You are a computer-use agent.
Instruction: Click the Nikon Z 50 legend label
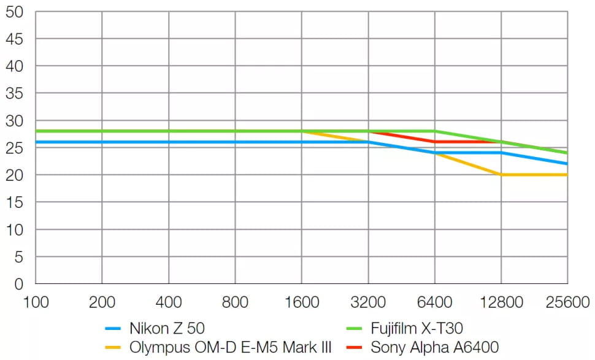click(x=167, y=328)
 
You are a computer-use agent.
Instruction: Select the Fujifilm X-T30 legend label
click(x=416, y=328)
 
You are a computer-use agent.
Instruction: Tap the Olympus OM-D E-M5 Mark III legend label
click(x=231, y=347)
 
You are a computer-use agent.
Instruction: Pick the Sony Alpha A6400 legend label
click(x=434, y=347)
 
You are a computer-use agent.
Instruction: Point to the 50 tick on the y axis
click(x=14, y=12)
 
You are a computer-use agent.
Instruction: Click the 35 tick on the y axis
click(x=14, y=93)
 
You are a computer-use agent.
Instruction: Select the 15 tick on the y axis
click(x=14, y=202)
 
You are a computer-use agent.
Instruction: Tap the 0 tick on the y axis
click(x=18, y=284)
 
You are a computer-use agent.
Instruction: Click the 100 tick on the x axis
click(x=36, y=302)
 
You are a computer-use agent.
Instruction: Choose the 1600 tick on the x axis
click(x=302, y=302)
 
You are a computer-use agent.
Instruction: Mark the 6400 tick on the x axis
click(x=434, y=302)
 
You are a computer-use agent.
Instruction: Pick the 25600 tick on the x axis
click(x=567, y=302)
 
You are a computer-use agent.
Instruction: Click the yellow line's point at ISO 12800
click(x=501, y=175)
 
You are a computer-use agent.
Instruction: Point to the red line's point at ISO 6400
click(x=435, y=142)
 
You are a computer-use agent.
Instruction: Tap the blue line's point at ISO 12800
click(x=501, y=153)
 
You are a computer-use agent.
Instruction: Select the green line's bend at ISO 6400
click(x=435, y=131)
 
